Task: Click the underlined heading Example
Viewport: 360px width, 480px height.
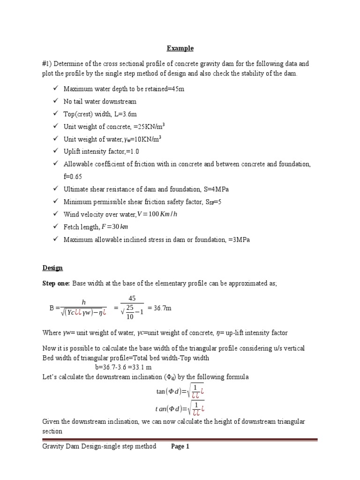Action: [180, 48]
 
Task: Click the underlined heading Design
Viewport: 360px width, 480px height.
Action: [52, 268]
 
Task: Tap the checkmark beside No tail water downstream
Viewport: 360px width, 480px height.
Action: [55, 101]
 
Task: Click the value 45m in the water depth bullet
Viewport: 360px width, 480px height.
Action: [176, 89]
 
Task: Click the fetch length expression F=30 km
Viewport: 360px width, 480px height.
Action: [115, 227]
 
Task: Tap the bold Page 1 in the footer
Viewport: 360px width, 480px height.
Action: [180, 447]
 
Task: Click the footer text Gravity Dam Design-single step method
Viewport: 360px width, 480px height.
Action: [99, 447]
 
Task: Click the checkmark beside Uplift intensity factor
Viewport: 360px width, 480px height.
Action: [55, 151]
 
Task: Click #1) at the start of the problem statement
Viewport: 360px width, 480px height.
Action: [47, 63]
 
